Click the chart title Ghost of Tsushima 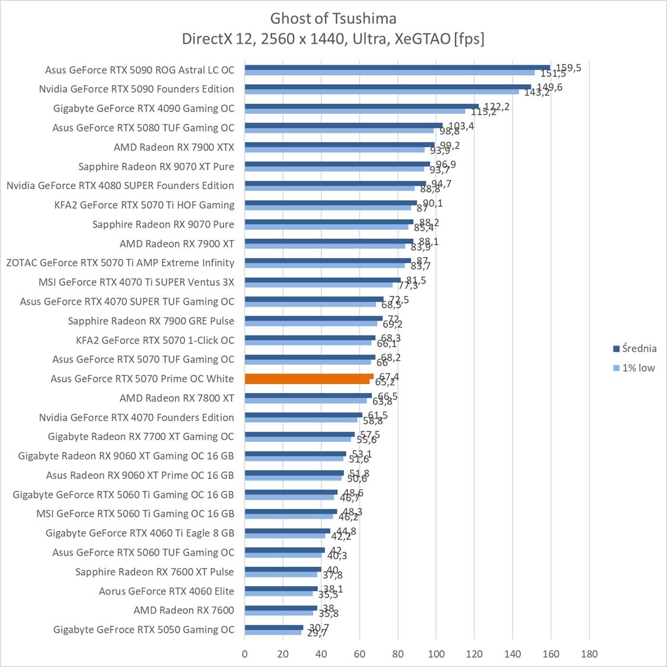point(333,18)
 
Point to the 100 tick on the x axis point(436,654)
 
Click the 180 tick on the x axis point(589,654)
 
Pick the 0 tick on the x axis point(245,654)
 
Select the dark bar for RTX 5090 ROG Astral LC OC point(397,67)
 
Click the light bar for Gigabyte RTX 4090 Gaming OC point(355,111)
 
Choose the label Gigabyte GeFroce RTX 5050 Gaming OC point(143,630)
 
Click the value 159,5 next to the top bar point(568,68)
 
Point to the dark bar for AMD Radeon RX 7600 point(281,608)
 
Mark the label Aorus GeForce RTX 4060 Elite point(166,591)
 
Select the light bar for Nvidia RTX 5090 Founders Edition point(382,92)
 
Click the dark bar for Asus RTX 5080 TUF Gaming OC point(343,125)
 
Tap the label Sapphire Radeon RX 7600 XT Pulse point(154,572)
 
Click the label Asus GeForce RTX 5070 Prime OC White point(142,378)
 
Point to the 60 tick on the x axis point(359,654)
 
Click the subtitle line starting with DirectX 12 point(333,39)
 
